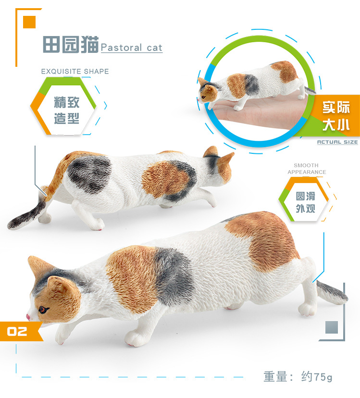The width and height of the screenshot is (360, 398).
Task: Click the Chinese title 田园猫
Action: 70,44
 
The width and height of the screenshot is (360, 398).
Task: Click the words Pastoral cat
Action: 132,48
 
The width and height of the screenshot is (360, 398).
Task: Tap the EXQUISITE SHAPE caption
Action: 75,71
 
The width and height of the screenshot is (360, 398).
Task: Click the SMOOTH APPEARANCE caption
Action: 307,169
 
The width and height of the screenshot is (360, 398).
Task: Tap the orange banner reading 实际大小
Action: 335,116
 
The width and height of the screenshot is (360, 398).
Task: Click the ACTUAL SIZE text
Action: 337,142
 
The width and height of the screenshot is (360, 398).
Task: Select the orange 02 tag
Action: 21,331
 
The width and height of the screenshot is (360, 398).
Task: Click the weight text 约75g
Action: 317,376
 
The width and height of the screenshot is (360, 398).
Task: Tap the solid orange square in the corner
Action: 29,22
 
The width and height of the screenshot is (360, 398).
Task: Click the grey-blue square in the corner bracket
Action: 332,327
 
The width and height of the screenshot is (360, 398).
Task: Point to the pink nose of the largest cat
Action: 28,317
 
